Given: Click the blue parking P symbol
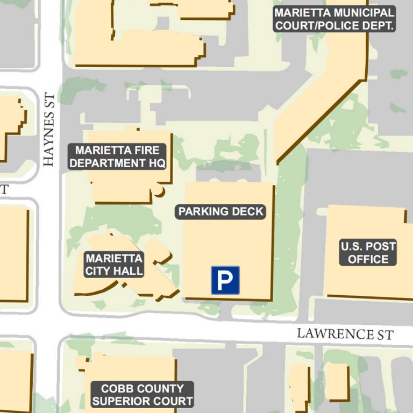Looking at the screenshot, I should (225, 280).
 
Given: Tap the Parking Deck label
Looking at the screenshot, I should (221, 211).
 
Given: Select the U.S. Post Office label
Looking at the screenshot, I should (368, 253).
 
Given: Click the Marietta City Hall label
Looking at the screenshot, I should (114, 264).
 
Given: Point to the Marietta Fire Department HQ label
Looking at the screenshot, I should (117, 156).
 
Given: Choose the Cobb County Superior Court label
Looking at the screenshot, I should (142, 395).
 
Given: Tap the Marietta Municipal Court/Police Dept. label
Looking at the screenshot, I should (334, 19).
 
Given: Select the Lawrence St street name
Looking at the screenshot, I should (345, 334).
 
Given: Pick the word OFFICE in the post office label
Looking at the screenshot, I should (368, 259).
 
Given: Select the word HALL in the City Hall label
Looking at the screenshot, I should (131, 270).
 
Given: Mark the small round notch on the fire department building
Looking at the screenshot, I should (159, 191).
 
